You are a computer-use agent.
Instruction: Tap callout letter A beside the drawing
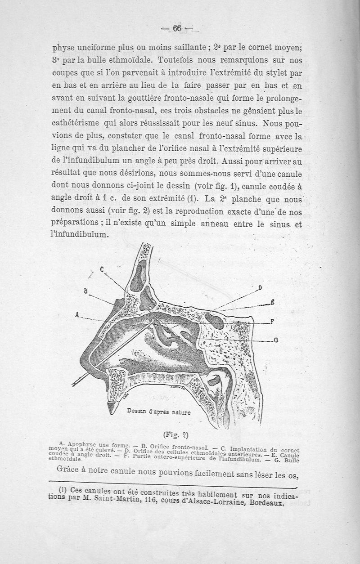(x=77, y=315)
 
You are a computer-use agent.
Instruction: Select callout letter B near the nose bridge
(x=85, y=291)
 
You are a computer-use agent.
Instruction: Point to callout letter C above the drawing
(x=102, y=269)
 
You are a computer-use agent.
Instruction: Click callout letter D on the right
(x=260, y=288)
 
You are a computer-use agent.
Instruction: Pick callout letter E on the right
(x=272, y=302)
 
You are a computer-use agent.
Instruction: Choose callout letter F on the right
(x=272, y=321)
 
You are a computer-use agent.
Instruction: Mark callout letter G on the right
(x=275, y=340)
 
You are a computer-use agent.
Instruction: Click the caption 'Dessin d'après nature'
(x=159, y=411)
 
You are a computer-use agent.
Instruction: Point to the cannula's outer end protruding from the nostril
(x=75, y=383)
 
